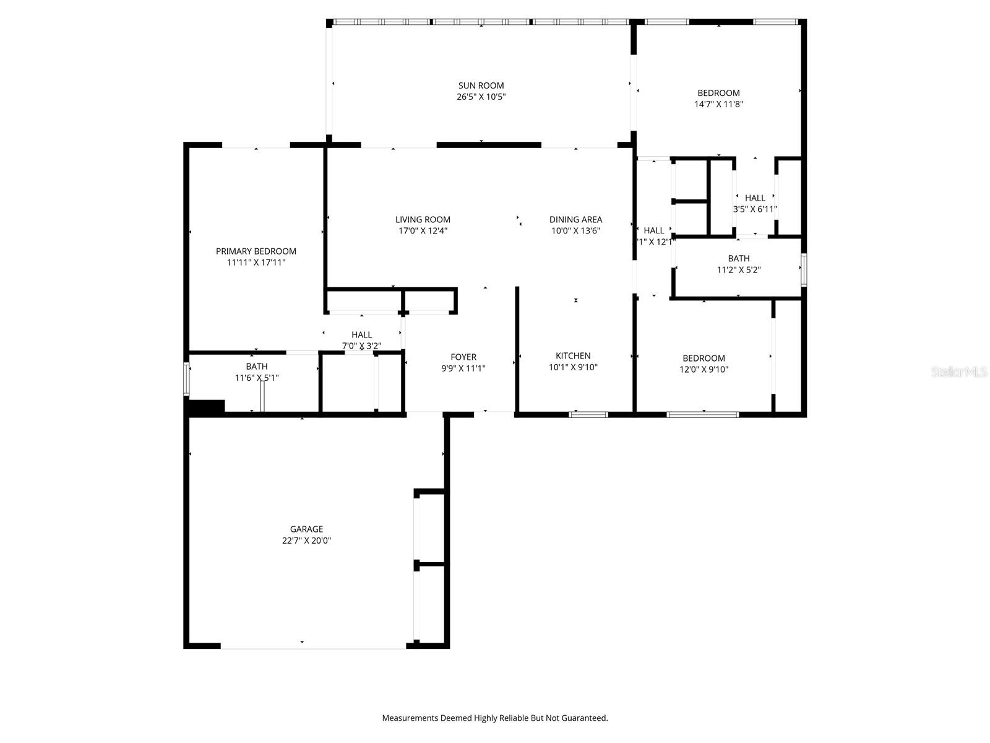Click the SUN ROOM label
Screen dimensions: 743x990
click(x=481, y=85)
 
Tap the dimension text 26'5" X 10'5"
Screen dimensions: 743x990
click(x=481, y=97)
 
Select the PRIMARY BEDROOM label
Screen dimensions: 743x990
click(x=256, y=251)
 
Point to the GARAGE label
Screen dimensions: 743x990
click(x=306, y=529)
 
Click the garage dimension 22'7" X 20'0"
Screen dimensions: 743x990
click(x=306, y=541)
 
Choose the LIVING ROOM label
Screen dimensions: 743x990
click(x=423, y=219)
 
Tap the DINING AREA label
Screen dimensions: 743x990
click(x=575, y=219)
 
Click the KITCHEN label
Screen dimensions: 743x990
click(x=573, y=355)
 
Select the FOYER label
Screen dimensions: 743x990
click(x=463, y=357)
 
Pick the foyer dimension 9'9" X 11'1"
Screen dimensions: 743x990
click(x=463, y=368)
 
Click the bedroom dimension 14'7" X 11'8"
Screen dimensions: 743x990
click(x=718, y=105)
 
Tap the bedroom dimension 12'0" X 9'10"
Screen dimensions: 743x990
click(x=704, y=370)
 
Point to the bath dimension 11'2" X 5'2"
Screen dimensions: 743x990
click(x=739, y=270)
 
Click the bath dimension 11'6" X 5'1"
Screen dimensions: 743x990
click(x=256, y=378)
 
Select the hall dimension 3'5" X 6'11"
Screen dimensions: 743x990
click(x=755, y=209)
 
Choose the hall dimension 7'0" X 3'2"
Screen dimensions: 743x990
click(x=361, y=346)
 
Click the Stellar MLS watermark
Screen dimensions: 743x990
click(x=959, y=372)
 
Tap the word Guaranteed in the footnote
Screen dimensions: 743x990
click(x=584, y=718)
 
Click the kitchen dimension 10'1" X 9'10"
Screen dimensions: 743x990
click(x=573, y=367)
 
